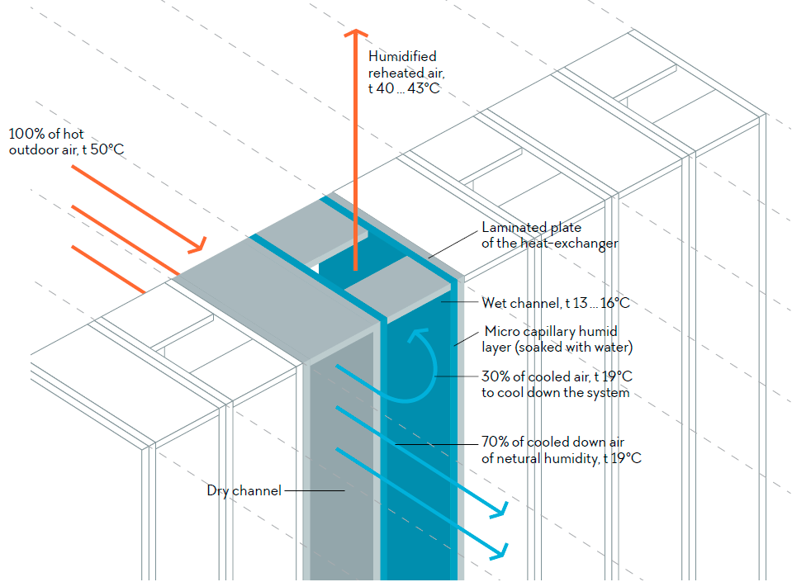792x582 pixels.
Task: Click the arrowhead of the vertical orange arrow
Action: coord(356,34)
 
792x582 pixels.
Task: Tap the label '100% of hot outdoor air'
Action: coord(66,142)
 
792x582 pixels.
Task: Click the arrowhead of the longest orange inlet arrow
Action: coord(199,246)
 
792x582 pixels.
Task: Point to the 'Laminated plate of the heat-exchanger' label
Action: coord(549,235)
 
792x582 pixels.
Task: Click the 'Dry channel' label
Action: coord(244,491)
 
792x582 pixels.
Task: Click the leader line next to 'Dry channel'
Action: coord(314,491)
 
